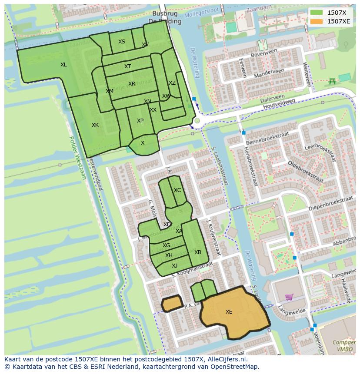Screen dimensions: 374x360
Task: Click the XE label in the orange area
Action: [229, 312]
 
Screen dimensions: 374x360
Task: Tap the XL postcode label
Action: [63, 65]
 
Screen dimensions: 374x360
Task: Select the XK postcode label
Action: [95, 125]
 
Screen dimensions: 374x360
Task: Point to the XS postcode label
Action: [122, 42]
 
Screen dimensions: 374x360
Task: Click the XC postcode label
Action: [177, 190]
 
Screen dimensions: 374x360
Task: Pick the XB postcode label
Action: [198, 252]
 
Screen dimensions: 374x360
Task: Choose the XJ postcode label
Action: [174, 266]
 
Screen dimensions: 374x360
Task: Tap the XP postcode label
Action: [140, 121]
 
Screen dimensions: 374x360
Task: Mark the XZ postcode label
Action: [172, 83]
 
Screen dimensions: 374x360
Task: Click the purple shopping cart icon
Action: [289, 297]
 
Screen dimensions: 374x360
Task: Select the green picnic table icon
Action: [332, 81]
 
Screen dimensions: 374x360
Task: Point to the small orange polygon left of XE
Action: [172, 303]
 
